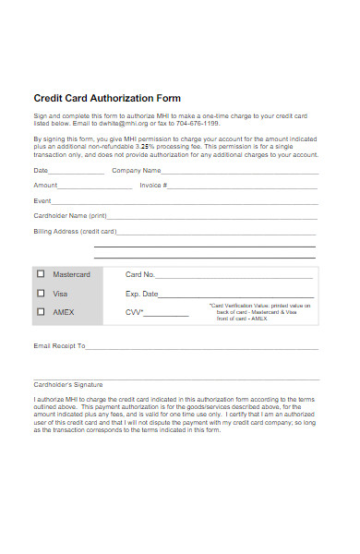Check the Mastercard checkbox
[x=41, y=274]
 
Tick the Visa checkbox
[x=41, y=293]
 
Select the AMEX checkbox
[x=41, y=312]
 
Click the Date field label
[x=41, y=170]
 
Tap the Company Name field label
[x=136, y=170]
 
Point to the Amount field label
[x=45, y=185]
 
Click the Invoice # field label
[x=153, y=185]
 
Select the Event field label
[x=42, y=199]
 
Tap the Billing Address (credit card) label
[x=75, y=231]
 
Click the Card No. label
[x=140, y=274]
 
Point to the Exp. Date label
[x=142, y=294]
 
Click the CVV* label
[x=135, y=312]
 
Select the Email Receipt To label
[x=59, y=346]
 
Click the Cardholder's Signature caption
[x=68, y=384]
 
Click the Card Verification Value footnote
[x=260, y=312]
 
